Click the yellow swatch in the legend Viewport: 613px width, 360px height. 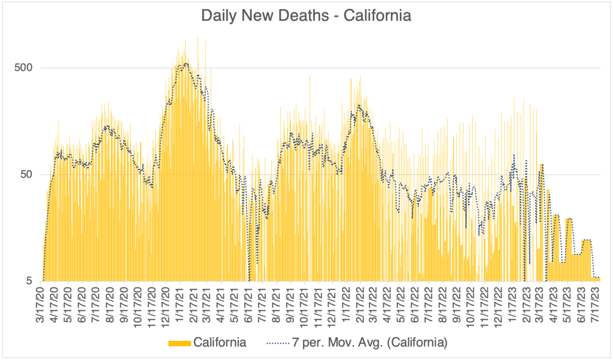[x=180, y=343]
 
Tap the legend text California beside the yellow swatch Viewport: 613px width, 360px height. [x=219, y=343]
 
